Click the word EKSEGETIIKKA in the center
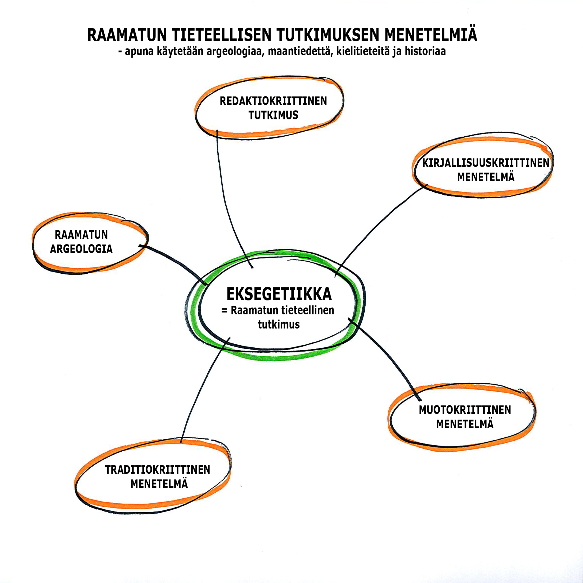(279, 294)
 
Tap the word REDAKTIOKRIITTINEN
(273, 101)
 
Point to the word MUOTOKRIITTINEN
(465, 410)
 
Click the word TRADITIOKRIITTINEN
(158, 469)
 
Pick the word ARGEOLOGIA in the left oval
(81, 249)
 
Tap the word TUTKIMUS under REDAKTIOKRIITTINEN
(273, 115)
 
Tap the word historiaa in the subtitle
(425, 51)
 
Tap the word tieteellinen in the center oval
(307, 310)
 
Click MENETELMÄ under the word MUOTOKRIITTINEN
(465, 424)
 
